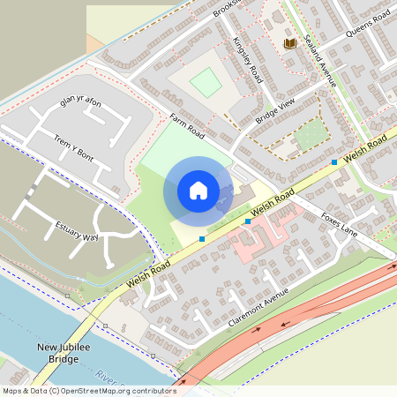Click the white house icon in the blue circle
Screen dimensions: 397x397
(x=198, y=190)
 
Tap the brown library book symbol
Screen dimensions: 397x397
(x=289, y=42)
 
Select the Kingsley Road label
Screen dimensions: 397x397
(x=246, y=60)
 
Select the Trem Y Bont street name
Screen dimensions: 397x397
(x=74, y=147)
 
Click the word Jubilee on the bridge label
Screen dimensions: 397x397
(x=74, y=348)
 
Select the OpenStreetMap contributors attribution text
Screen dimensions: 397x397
(x=88, y=390)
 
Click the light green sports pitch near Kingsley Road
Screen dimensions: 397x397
(x=206, y=82)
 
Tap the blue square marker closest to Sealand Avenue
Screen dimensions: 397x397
(x=334, y=162)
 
